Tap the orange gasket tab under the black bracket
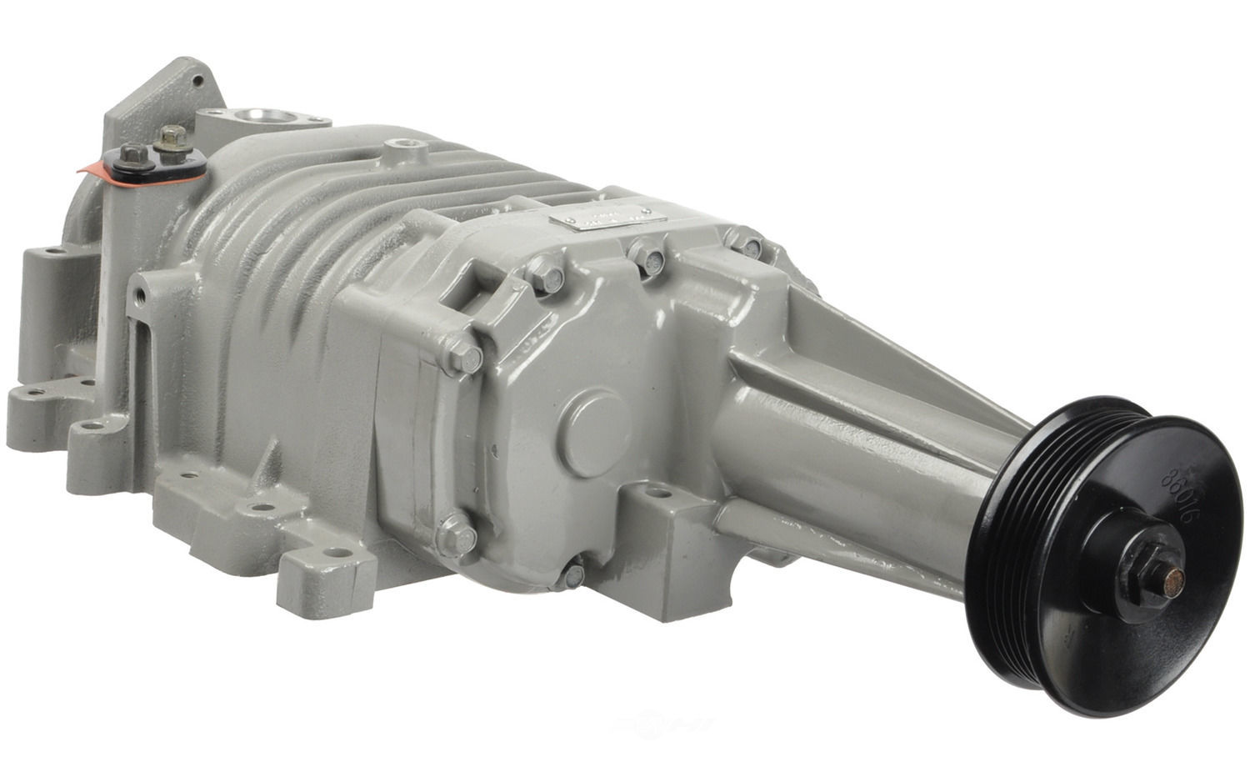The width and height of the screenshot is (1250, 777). coord(87,169)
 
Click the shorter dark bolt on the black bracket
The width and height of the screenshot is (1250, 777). coord(132,155)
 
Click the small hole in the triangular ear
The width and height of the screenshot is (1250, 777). coord(197,81)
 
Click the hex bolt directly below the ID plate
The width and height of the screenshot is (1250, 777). coord(647,259)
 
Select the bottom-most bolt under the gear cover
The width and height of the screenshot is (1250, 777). coord(573,575)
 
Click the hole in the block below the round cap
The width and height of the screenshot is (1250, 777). coord(660,494)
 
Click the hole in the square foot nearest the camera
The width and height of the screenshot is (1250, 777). coord(336,552)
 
